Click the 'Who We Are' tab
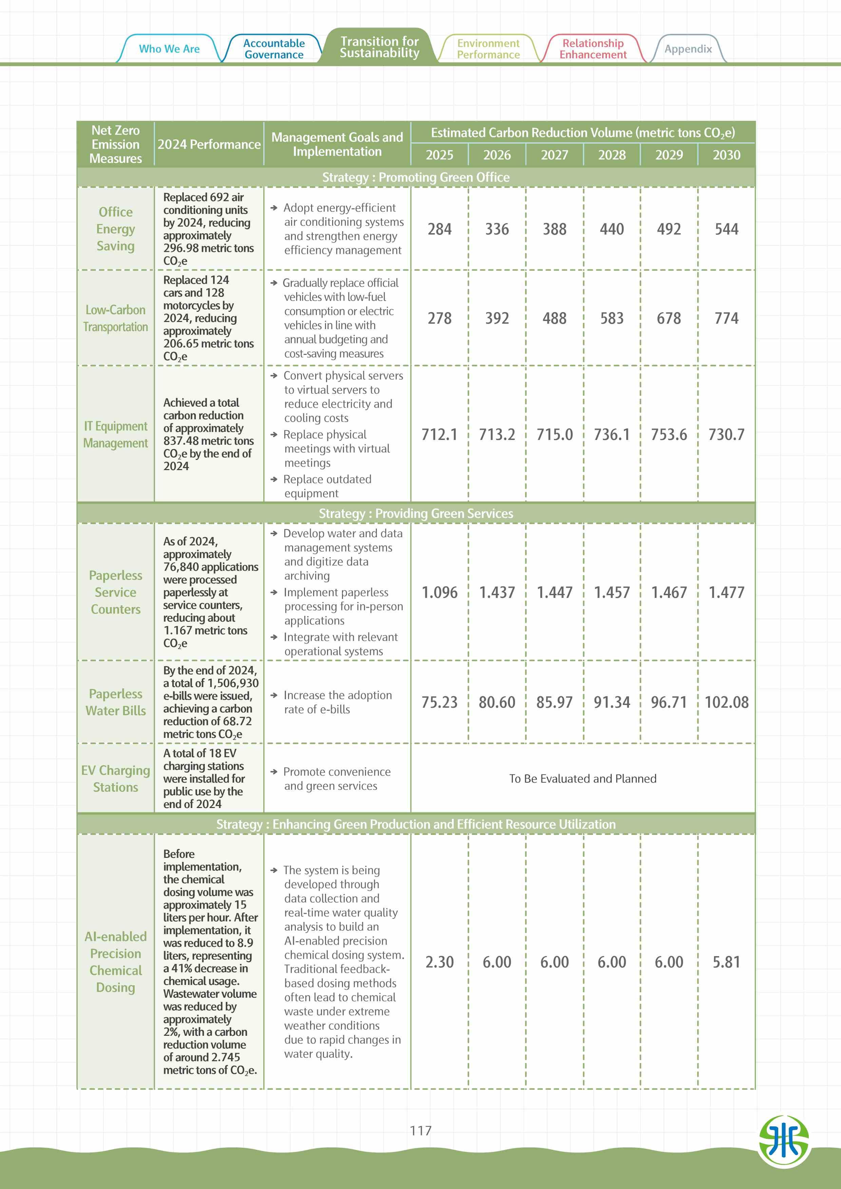(169, 49)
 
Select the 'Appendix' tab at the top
(688, 49)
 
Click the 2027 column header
(554, 155)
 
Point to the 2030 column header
(726, 155)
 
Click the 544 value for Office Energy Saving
(726, 229)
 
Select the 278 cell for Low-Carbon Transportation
(439, 318)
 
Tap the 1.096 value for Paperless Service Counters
(439, 592)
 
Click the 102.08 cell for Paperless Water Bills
(726, 702)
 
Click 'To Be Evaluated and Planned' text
(582, 778)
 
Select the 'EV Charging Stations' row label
(116, 778)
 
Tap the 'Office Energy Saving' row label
(116, 229)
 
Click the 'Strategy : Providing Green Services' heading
(416, 513)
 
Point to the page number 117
(420, 1130)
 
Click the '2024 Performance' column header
(209, 144)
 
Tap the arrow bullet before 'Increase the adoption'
(274, 695)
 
